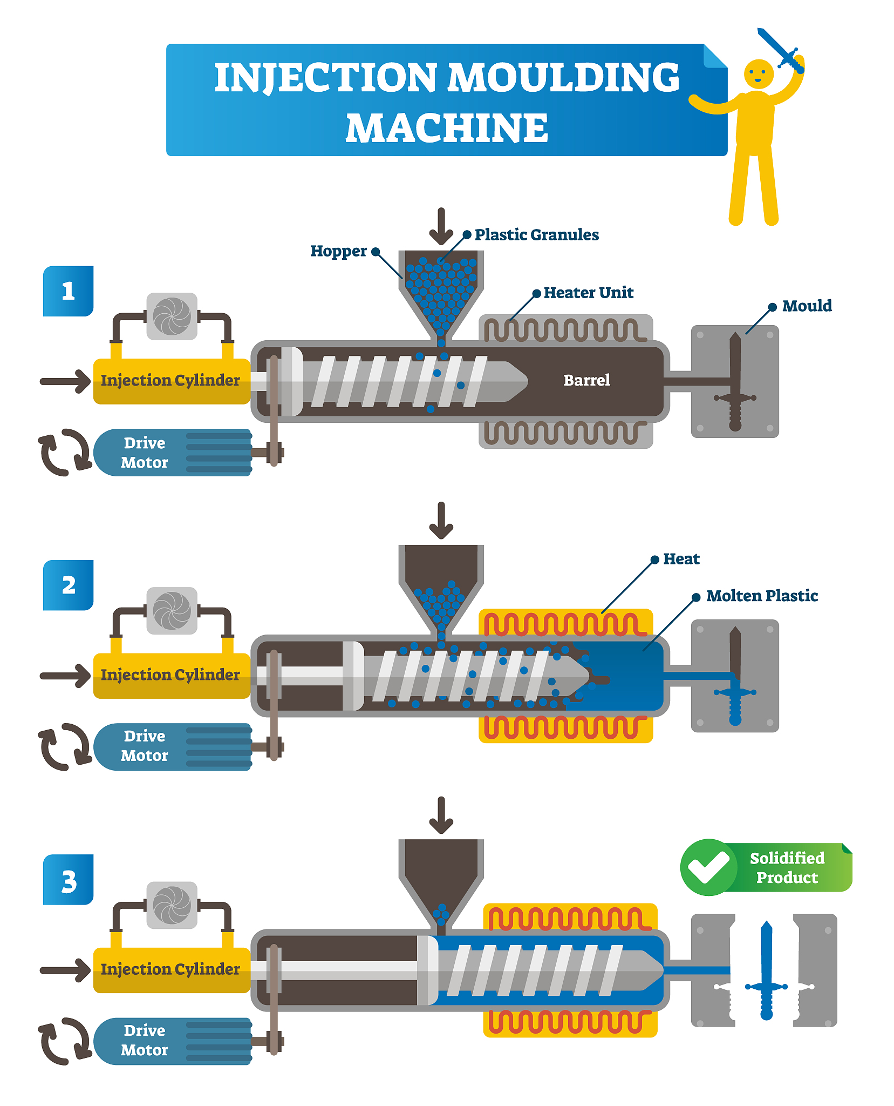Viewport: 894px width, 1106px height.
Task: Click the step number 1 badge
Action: pyautogui.click(x=68, y=291)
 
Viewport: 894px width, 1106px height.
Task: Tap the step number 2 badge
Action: pyautogui.click(x=68, y=585)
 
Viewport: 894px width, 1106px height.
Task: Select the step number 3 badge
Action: pyautogui.click(x=68, y=880)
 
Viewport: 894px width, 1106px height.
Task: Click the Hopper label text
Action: pyautogui.click(x=338, y=251)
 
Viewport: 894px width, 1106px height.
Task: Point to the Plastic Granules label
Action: pyautogui.click(x=536, y=235)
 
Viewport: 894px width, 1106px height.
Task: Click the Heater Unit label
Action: pyautogui.click(x=588, y=293)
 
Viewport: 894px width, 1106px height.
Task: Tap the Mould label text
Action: pyautogui.click(x=807, y=306)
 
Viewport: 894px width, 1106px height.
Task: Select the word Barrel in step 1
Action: pyautogui.click(x=586, y=380)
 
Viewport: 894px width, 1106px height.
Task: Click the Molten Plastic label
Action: pyautogui.click(x=762, y=596)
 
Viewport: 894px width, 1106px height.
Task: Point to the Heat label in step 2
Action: pyautogui.click(x=681, y=559)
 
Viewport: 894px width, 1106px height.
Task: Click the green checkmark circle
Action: pyautogui.click(x=708, y=867)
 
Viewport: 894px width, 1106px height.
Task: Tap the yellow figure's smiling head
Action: pyautogui.click(x=759, y=74)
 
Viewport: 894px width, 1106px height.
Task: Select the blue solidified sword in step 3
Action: pyautogui.click(x=766, y=970)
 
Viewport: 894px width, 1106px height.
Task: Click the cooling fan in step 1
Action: pyautogui.click(x=172, y=316)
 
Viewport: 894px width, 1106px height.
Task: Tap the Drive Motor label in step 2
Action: pyautogui.click(x=145, y=746)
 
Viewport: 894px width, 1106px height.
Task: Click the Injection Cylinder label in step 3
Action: pyautogui.click(x=170, y=969)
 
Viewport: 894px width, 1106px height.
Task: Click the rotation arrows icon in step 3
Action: pyautogui.click(x=64, y=1041)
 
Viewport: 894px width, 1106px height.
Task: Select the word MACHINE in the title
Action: pyautogui.click(x=447, y=128)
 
